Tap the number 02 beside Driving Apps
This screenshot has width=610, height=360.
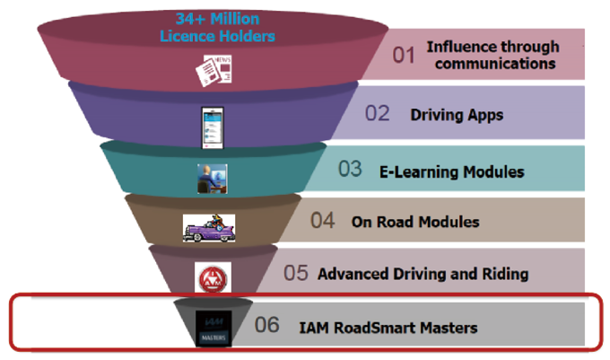pos(377,114)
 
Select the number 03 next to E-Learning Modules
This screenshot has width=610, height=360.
pos(351,170)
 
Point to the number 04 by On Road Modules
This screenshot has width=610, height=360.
pos(323,221)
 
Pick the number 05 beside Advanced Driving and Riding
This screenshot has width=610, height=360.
pos(296,273)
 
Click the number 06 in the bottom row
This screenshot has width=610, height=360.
pos(267,325)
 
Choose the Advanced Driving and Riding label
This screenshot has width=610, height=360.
pos(423,274)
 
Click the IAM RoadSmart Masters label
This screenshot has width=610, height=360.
pos(388,327)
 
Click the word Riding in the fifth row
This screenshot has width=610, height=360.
pos(505,274)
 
